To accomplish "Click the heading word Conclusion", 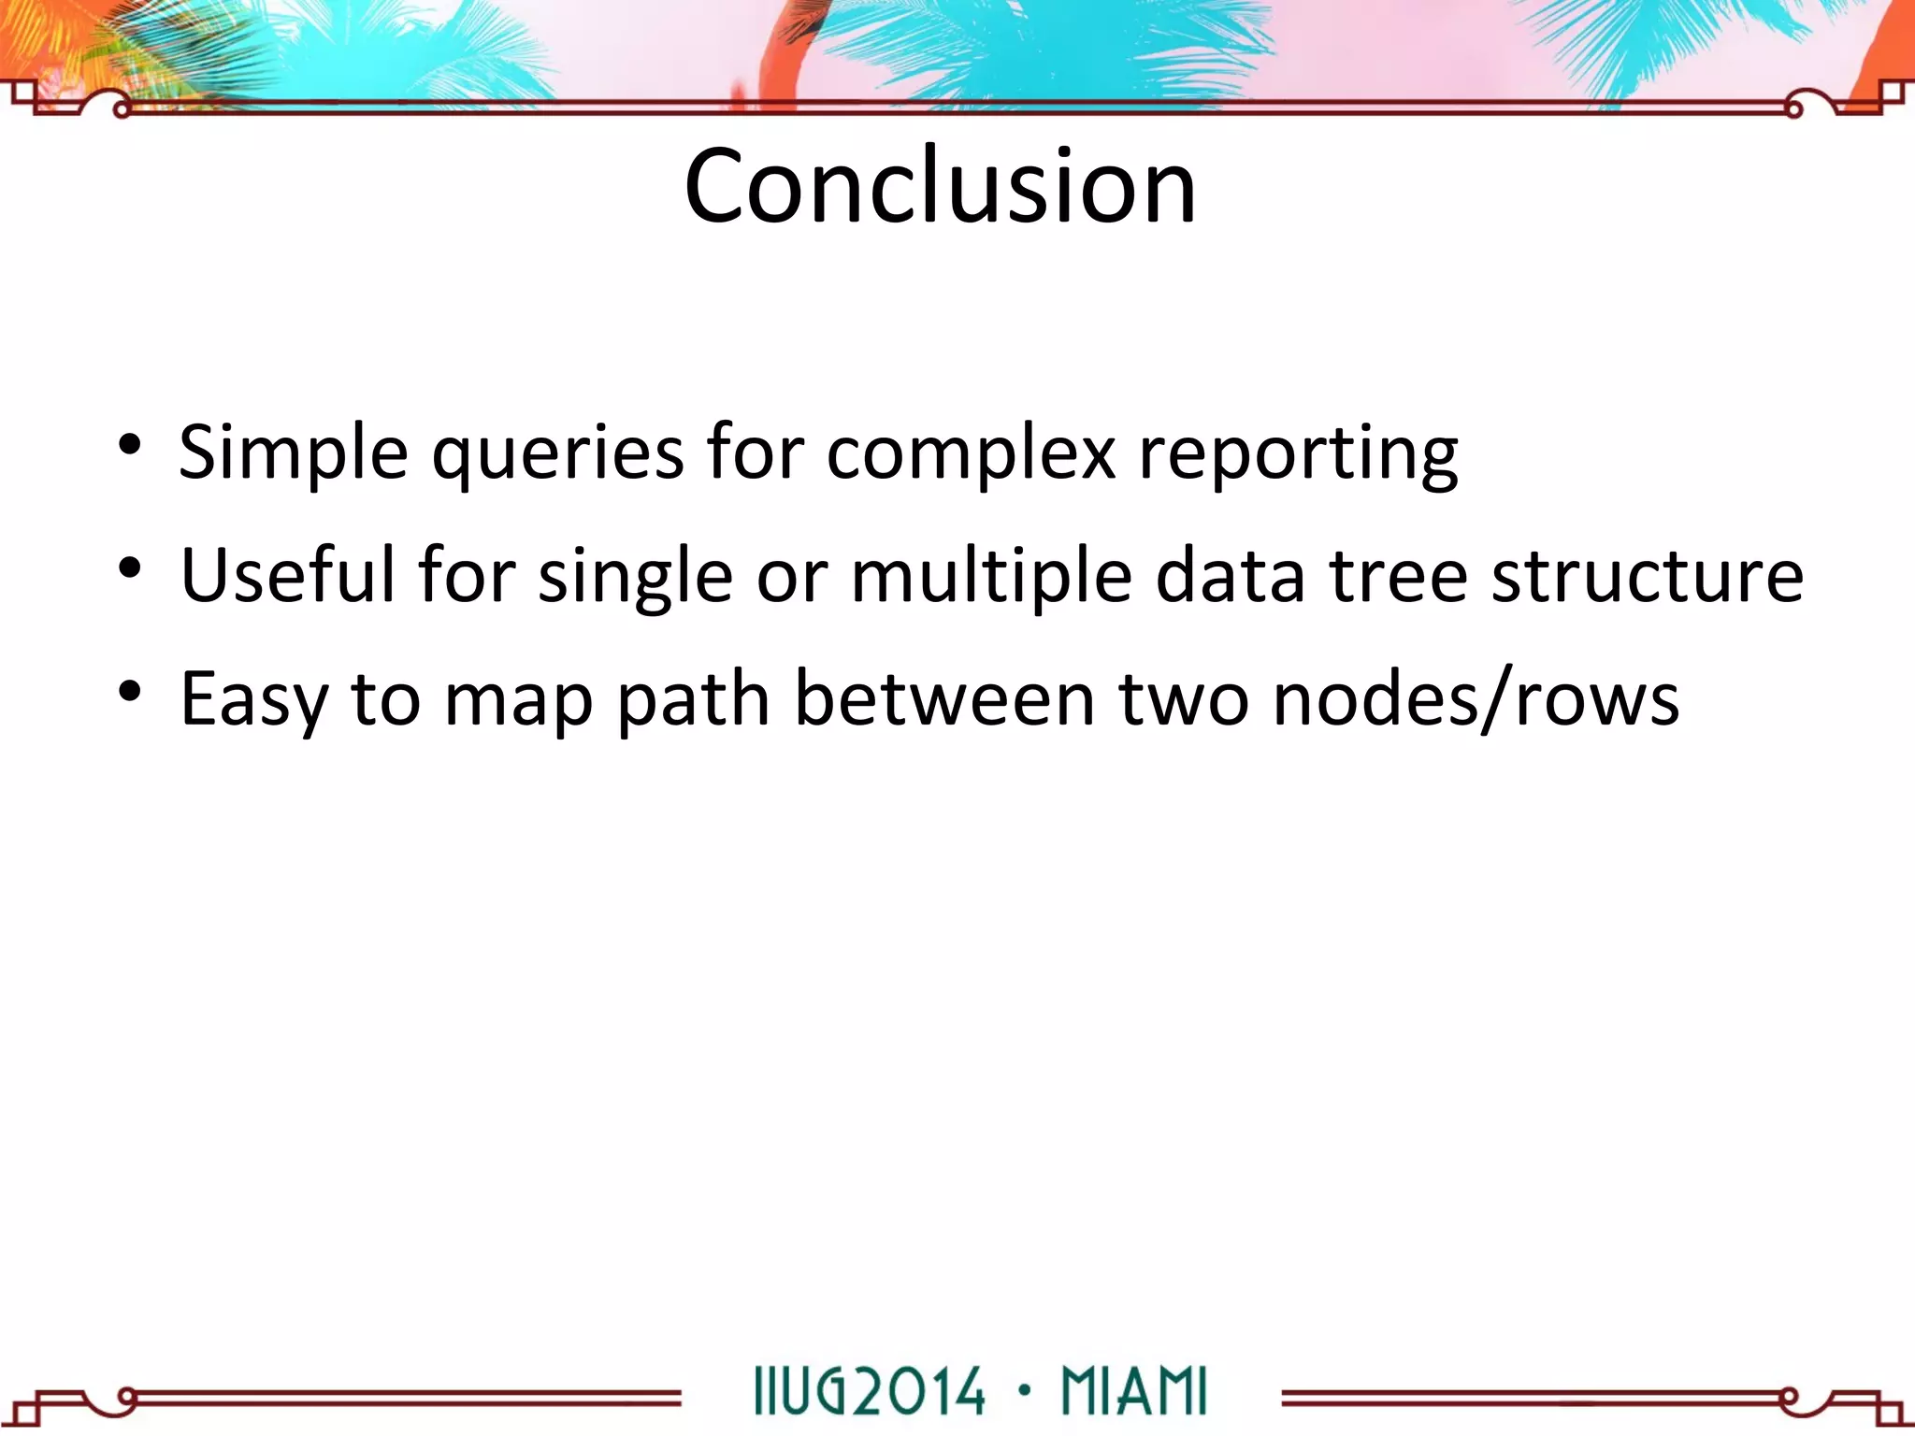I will point(940,187).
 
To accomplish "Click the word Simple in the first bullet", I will point(293,453).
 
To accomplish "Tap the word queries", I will point(556,453).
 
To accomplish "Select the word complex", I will point(971,453).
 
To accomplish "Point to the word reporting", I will point(1298,453).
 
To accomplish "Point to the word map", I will point(518,699).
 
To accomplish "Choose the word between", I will point(944,699).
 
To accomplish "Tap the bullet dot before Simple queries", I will point(130,443).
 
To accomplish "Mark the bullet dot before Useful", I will point(130,567).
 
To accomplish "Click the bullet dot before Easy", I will point(130,691).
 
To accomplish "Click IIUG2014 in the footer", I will point(869,1392).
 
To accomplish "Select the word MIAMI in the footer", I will point(1134,1392).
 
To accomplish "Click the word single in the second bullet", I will point(636,575).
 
